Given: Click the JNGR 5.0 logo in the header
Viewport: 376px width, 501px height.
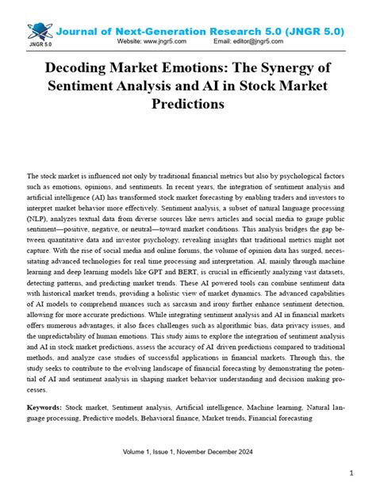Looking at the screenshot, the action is click(40, 33).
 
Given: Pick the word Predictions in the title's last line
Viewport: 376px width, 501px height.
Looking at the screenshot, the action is click(187, 104).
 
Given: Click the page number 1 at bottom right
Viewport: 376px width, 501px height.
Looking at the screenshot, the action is click(351, 473).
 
